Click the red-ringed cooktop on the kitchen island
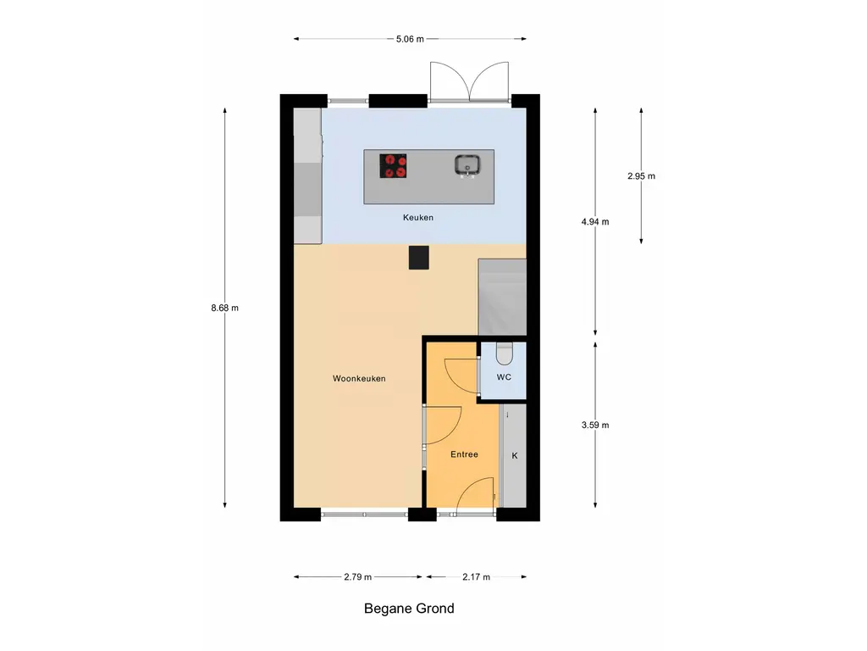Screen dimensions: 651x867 pos(393,165)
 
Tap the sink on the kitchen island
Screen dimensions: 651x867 pos(467,164)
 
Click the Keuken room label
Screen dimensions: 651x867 pos(418,218)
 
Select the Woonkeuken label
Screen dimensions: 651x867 pos(359,379)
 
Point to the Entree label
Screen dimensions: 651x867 pos(464,454)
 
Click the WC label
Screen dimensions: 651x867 pos(504,376)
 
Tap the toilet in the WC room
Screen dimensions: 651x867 pos(504,350)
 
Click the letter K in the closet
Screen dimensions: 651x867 pos(514,456)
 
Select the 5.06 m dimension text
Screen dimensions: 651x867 pos(410,39)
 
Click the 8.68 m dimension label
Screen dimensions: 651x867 pos(225,308)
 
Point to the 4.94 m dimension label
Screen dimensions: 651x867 pos(596,222)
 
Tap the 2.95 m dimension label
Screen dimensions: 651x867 pos(642,176)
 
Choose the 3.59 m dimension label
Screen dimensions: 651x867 pos(596,426)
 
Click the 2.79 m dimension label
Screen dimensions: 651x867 pos(357,577)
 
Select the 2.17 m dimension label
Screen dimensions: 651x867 pos(476,577)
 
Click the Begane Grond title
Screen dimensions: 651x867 pos(409,609)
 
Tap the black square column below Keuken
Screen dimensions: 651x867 pos(418,258)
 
